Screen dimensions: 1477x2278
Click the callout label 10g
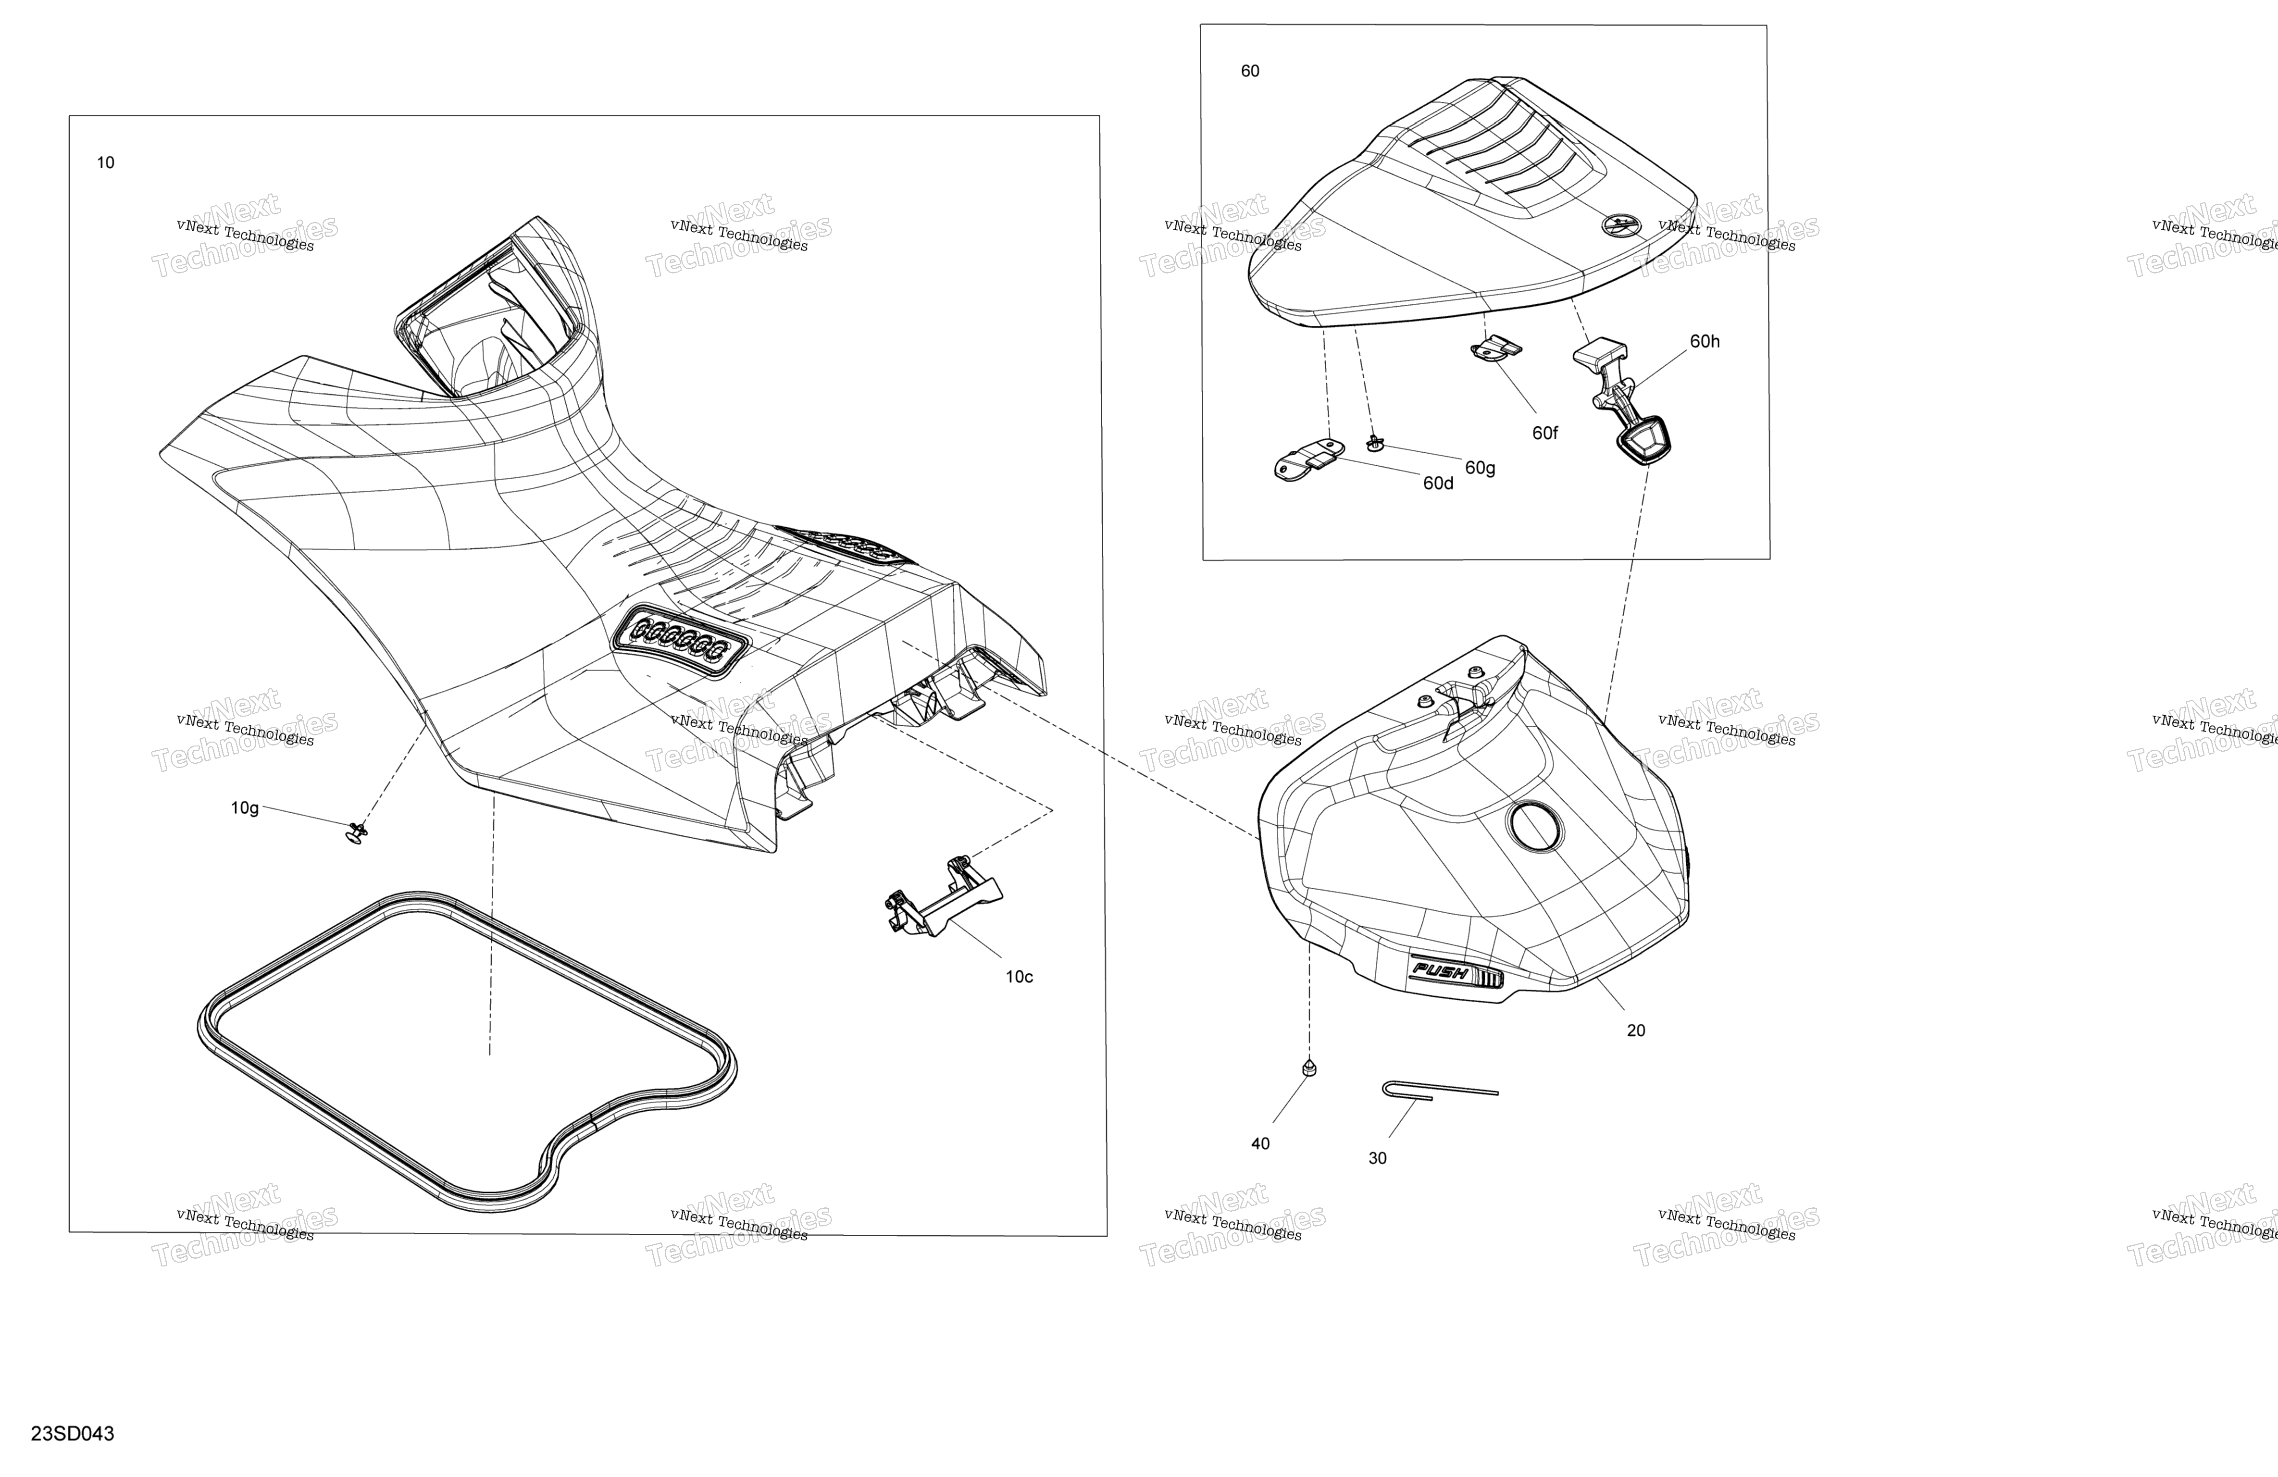(x=245, y=808)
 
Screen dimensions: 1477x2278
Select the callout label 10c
(x=1019, y=976)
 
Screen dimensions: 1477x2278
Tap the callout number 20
(x=1636, y=1030)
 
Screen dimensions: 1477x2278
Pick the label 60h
(x=1705, y=342)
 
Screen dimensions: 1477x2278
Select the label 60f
(x=1545, y=433)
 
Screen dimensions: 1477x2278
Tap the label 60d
(x=1438, y=484)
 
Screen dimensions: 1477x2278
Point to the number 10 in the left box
(x=105, y=163)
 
